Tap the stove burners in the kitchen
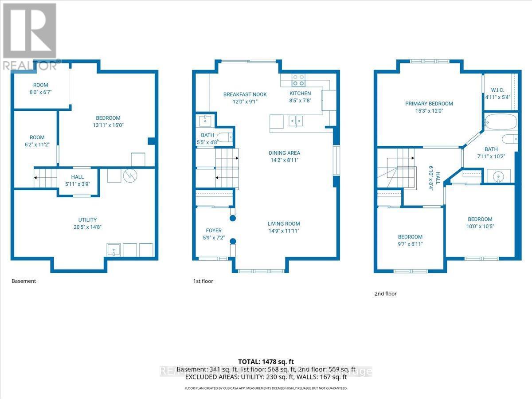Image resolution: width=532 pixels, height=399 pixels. [x=298, y=80]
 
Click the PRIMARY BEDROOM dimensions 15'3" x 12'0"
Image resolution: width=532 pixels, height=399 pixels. [x=429, y=111]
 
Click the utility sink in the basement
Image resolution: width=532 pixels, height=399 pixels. [x=114, y=250]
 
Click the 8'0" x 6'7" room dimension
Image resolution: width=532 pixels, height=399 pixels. [x=40, y=92]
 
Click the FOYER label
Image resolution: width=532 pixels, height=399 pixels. [x=214, y=231]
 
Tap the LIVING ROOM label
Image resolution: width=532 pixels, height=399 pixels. [x=284, y=224]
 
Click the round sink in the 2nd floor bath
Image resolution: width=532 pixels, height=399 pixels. [x=500, y=176]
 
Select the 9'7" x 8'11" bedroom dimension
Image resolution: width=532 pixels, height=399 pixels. [x=410, y=244]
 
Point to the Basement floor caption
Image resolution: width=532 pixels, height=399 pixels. [x=23, y=281]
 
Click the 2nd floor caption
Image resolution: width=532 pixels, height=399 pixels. [x=385, y=293]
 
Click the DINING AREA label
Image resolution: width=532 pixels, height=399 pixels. [x=284, y=153]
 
